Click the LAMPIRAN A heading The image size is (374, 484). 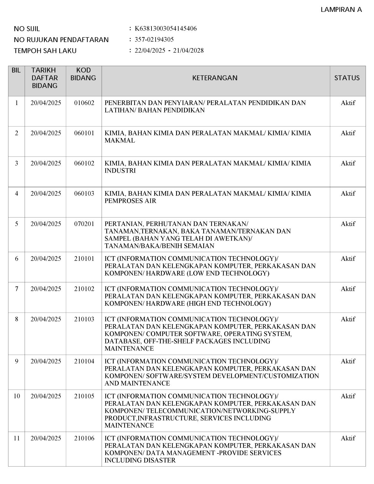pyautogui.click(x=341, y=10)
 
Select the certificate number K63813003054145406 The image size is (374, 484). pyautogui.click(x=165, y=29)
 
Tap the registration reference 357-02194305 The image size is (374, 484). pyautogui.click(x=154, y=40)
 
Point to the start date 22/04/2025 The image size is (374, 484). pyautogui.click(x=150, y=50)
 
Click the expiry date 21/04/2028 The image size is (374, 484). pyautogui.click(x=188, y=50)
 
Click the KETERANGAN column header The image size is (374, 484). pyautogui.click(x=215, y=78)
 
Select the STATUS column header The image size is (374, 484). pyautogui.click(x=347, y=78)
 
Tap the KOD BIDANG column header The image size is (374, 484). pyautogui.click(x=83, y=74)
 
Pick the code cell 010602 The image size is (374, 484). pyautogui.click(x=84, y=103)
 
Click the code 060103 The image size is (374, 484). pyautogui.click(x=84, y=194)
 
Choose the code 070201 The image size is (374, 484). pyautogui.click(x=84, y=224)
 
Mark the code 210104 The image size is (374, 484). pyautogui.click(x=84, y=361)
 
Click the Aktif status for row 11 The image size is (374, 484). pyautogui.click(x=348, y=438)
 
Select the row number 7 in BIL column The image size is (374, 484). pyautogui.click(x=17, y=289)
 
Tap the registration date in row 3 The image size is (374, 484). pyautogui.click(x=46, y=163)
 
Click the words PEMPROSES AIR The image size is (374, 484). pyautogui.click(x=130, y=201)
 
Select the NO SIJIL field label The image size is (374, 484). pyautogui.click(x=27, y=29)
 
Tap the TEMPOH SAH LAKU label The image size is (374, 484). pyautogui.click(x=45, y=51)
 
